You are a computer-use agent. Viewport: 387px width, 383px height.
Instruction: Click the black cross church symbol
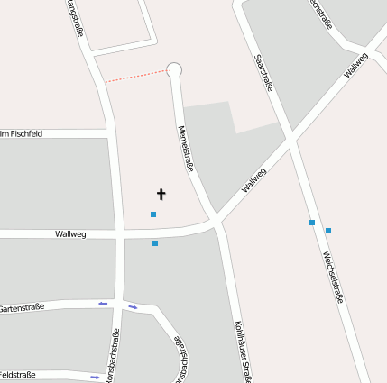(161, 194)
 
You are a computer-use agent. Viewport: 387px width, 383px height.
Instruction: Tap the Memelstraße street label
(188, 148)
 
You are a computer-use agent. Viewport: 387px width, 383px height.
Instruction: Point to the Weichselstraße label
(333, 277)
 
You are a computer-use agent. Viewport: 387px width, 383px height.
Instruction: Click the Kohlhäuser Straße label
(241, 351)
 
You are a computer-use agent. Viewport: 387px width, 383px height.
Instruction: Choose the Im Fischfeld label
(22, 133)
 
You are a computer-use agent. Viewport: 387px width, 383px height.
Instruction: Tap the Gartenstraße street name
(22, 307)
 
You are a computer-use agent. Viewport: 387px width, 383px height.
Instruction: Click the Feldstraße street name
(18, 374)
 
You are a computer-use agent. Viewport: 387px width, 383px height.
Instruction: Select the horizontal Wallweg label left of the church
(70, 234)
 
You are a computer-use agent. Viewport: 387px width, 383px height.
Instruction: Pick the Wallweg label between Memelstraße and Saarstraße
(253, 180)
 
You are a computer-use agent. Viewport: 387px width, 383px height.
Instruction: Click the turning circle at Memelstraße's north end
(175, 69)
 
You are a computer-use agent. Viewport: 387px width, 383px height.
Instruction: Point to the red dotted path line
(135, 76)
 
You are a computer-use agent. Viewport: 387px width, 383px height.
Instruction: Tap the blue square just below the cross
(153, 214)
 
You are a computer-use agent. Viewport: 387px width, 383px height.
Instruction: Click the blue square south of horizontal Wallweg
(155, 243)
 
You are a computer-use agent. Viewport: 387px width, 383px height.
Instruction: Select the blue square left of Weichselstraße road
(312, 222)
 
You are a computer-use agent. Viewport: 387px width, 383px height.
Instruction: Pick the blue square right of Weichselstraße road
(328, 231)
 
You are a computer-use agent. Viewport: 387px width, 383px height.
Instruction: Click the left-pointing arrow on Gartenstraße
(103, 304)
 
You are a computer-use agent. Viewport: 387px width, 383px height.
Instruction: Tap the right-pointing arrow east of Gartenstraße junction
(134, 308)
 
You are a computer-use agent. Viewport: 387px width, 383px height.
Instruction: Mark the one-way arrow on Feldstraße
(95, 376)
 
